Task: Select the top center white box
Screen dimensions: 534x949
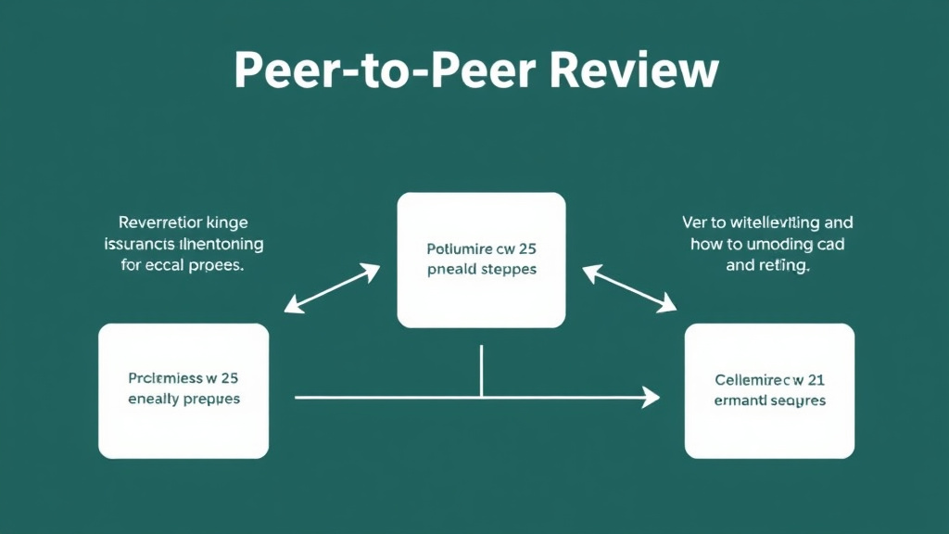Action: point(481,260)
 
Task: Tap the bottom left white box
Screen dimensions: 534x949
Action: point(183,390)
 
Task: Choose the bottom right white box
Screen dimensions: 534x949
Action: point(769,390)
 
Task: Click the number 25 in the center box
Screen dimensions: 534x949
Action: point(526,248)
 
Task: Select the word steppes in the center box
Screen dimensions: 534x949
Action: point(508,270)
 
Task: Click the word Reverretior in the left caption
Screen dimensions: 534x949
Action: point(159,222)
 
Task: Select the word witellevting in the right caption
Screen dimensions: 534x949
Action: point(769,222)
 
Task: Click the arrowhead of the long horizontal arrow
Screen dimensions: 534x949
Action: point(651,398)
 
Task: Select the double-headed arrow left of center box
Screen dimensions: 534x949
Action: point(332,288)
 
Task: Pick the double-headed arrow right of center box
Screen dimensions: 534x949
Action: point(629,288)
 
